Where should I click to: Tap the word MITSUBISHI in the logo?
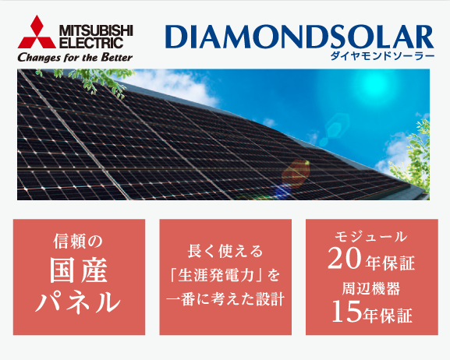[x=96, y=30]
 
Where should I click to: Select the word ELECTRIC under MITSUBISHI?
[x=91, y=43]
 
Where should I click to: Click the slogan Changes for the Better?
[x=75, y=58]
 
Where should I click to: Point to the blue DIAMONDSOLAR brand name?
[x=299, y=37]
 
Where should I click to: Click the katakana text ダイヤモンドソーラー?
[x=382, y=55]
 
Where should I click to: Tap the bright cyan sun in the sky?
[x=373, y=83]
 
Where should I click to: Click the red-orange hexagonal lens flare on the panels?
[x=296, y=173]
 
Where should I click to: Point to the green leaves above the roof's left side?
[x=86, y=80]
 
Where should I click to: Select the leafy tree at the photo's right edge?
[x=413, y=157]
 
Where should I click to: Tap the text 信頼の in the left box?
[x=78, y=242]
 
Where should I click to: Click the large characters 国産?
[x=79, y=270]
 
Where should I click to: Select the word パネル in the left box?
[x=78, y=302]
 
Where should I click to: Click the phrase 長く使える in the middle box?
[x=225, y=251]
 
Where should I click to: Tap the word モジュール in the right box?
[x=371, y=237]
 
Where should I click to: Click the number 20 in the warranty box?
[x=345, y=259]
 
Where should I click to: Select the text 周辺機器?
[x=371, y=288]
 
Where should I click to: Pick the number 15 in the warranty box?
[x=345, y=312]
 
